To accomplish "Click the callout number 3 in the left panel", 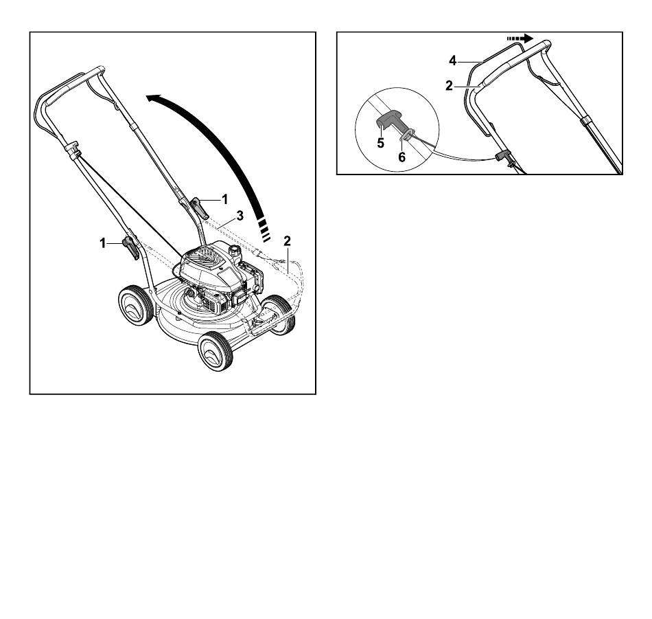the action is click(240, 216).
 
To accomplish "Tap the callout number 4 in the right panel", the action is click(453, 60).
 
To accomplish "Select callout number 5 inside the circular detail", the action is click(380, 143).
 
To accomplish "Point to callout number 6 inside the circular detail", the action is click(401, 157).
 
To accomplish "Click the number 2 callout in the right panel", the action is click(449, 86).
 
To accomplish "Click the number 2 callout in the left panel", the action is click(287, 241).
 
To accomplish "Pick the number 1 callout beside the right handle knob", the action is click(225, 200).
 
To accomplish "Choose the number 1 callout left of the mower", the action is click(103, 243).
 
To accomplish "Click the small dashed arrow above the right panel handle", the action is click(520, 38).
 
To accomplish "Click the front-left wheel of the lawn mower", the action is click(216, 351).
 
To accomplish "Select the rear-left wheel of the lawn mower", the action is click(136, 305).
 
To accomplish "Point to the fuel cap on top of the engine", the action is click(235, 251).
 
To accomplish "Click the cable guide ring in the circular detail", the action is click(407, 134).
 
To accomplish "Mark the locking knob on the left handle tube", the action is click(131, 248).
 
